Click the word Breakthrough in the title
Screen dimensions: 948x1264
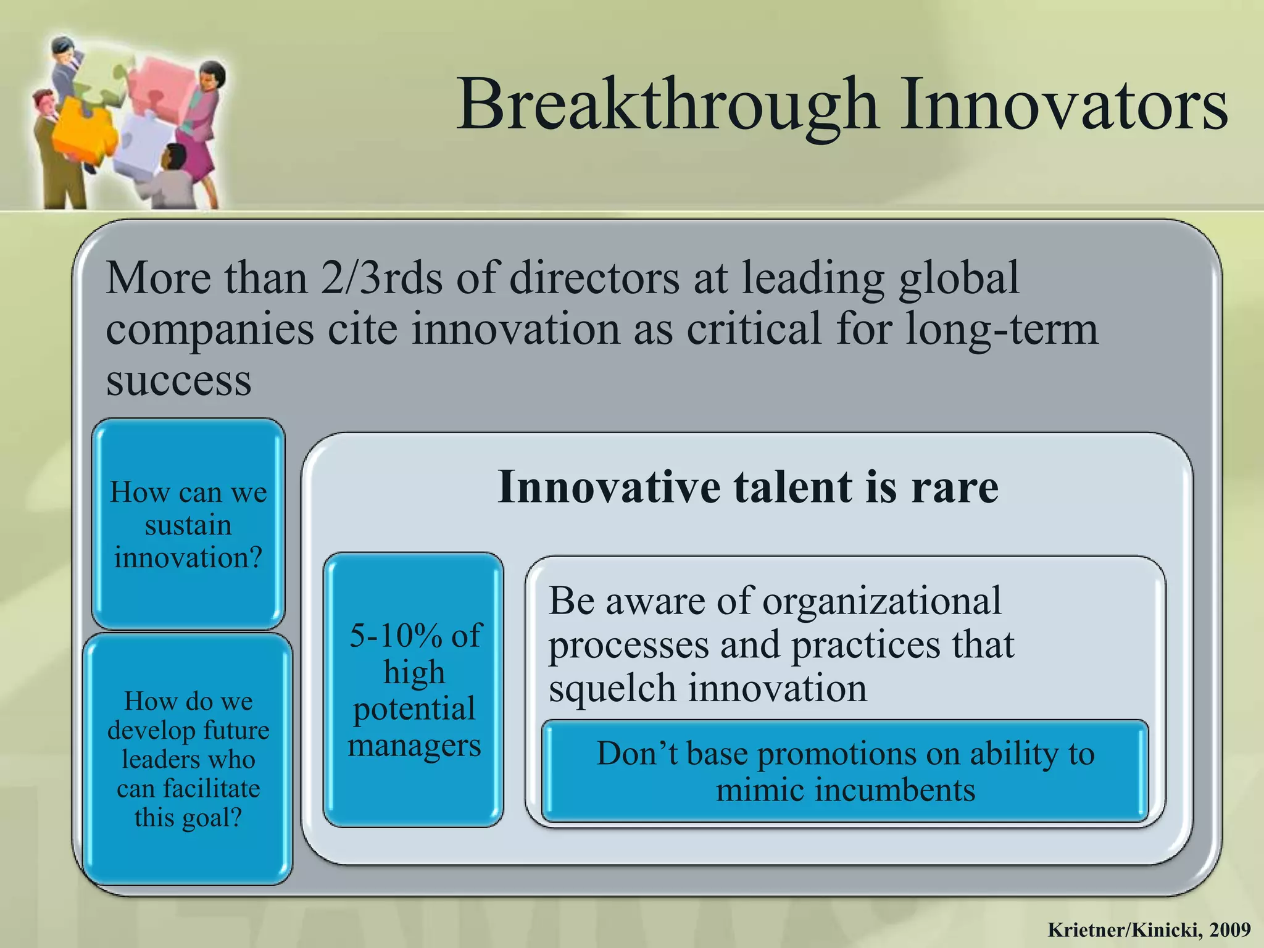(x=667, y=105)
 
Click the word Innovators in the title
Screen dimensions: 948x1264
(x=1063, y=105)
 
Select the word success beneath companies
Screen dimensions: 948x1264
(x=178, y=380)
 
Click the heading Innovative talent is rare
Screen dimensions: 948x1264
(x=747, y=488)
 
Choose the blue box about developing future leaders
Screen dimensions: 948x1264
(x=188, y=759)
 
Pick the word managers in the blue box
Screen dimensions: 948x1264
(x=414, y=746)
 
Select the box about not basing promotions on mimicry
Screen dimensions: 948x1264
(x=845, y=771)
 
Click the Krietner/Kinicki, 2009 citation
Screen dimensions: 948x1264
(x=1149, y=929)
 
